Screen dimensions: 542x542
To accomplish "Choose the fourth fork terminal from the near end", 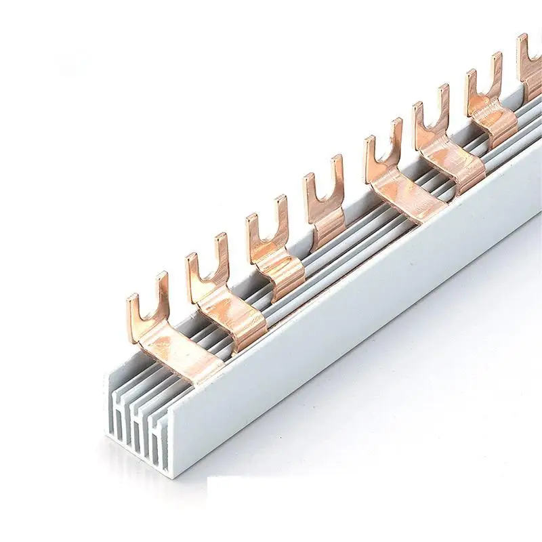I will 324,203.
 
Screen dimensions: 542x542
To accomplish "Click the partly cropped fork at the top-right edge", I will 530,61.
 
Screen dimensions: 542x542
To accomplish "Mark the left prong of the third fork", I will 253,237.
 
